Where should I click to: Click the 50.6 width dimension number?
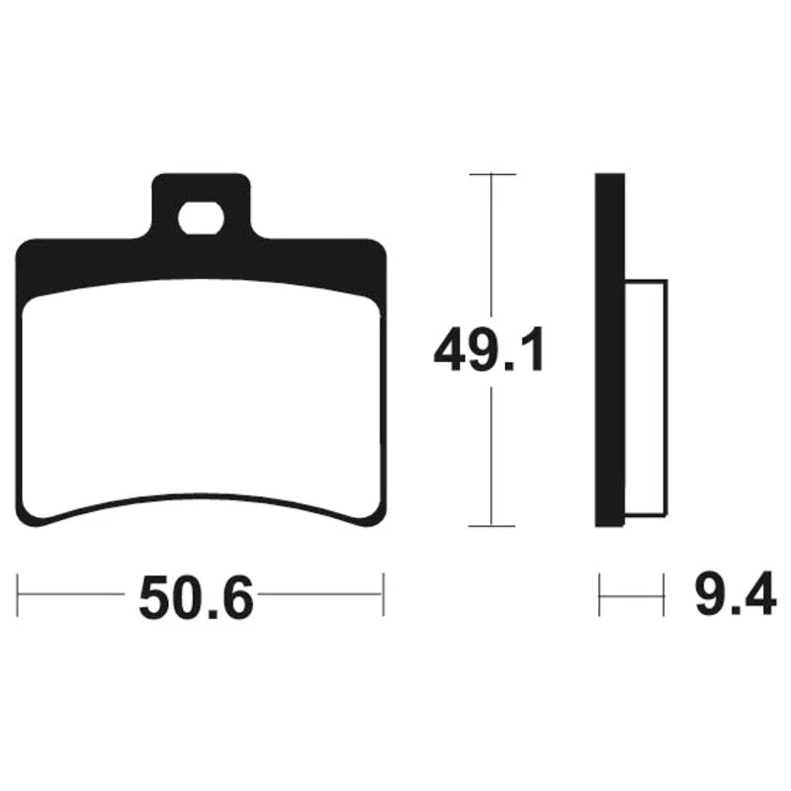pos(196,598)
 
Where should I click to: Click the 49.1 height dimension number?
pos(489,349)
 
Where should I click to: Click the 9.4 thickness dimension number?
pos(736,594)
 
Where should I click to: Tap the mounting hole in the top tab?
pos(201,218)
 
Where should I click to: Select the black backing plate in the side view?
pos(610,350)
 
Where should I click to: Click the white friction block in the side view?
pos(647,398)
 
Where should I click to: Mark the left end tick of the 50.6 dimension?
pos(18,594)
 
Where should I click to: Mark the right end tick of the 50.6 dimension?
pos(384,594)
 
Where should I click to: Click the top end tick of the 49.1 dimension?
pos(492,174)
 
